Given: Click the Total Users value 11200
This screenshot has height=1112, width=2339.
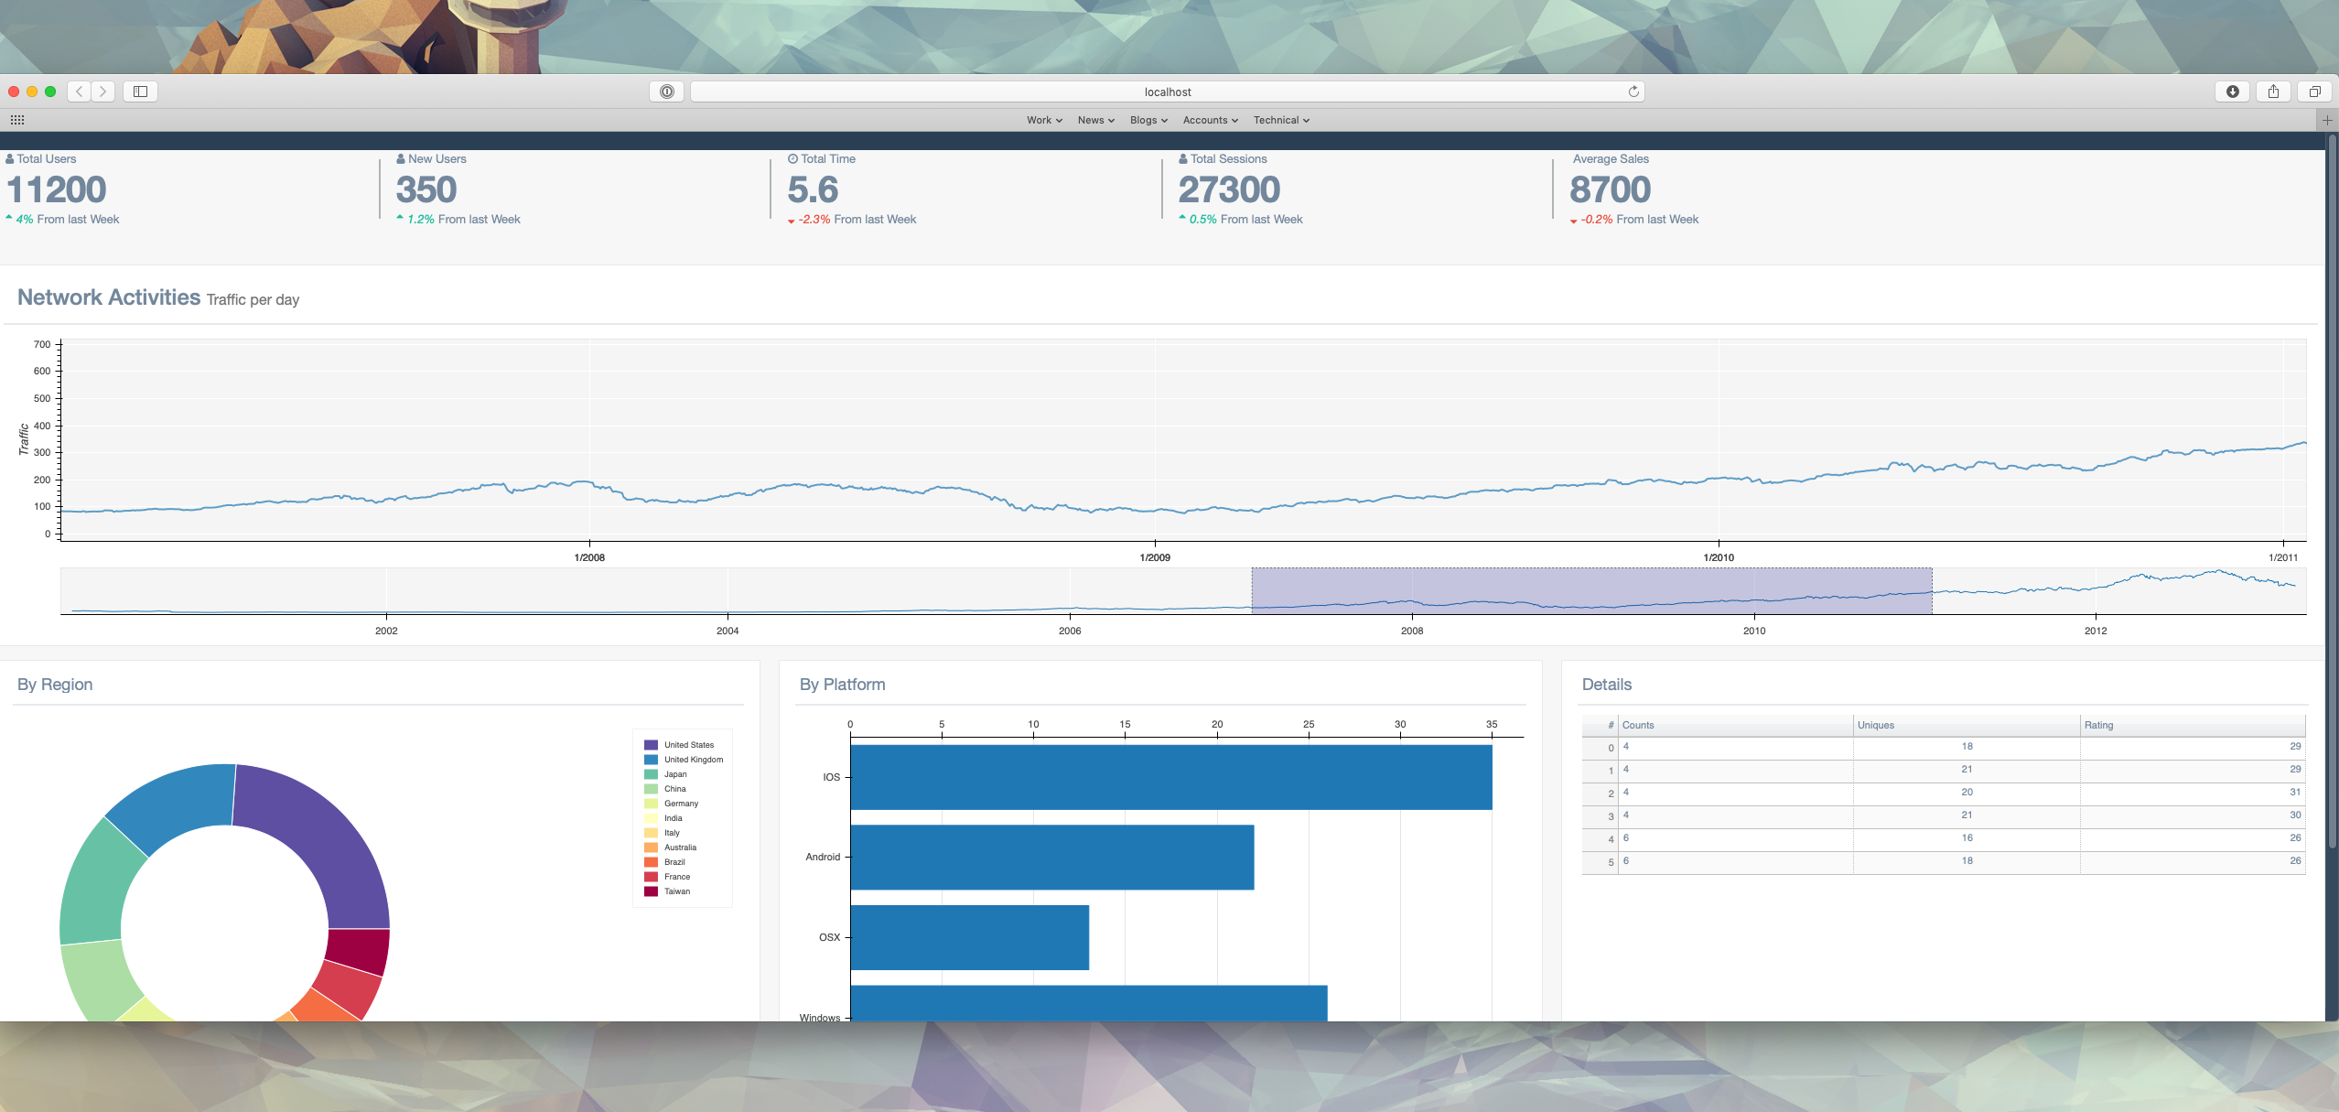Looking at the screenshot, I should [57, 190].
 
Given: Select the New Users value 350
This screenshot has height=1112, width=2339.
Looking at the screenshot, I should [426, 190].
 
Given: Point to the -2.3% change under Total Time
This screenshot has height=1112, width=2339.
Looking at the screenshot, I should [814, 220].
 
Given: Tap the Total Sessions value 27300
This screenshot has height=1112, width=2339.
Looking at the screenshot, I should [1229, 190].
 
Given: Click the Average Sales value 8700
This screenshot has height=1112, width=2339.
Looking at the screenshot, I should [1610, 190].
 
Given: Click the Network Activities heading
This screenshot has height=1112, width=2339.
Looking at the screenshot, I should [109, 297].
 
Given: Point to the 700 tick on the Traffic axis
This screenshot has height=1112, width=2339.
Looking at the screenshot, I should [42, 345].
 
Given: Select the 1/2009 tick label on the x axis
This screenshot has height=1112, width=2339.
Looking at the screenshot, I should [1155, 557].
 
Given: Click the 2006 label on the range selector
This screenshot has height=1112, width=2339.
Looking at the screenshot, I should [1070, 631].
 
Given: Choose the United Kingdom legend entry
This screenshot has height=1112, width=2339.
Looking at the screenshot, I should [693, 760].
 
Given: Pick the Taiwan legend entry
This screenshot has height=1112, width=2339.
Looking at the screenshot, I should [676, 891].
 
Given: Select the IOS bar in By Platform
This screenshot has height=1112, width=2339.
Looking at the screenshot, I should [1170, 777].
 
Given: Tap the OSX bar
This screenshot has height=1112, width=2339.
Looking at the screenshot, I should [969, 937].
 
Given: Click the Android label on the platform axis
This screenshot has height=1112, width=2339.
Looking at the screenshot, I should [823, 858].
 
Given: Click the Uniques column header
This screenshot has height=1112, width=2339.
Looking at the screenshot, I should [1875, 725].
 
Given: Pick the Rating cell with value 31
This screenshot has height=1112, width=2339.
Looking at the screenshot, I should [2294, 793].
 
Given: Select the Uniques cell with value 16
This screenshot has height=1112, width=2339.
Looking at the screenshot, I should [1967, 838].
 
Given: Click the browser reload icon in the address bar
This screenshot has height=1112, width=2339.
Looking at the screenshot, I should [1633, 92].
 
